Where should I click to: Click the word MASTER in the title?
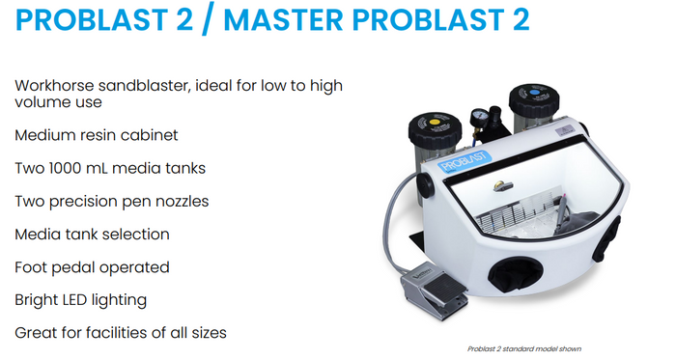coord(284,20)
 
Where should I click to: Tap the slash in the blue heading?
coord(208,20)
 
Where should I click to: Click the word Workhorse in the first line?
coord(54,85)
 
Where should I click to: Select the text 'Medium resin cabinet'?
coord(97,135)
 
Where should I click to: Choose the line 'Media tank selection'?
coord(92,235)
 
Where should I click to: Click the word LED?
coord(68,300)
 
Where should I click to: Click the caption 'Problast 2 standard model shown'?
coord(524,348)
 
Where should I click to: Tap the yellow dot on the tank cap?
coord(435,123)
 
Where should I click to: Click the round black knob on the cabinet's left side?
coord(425,185)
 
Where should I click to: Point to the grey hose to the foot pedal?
coord(390,224)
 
